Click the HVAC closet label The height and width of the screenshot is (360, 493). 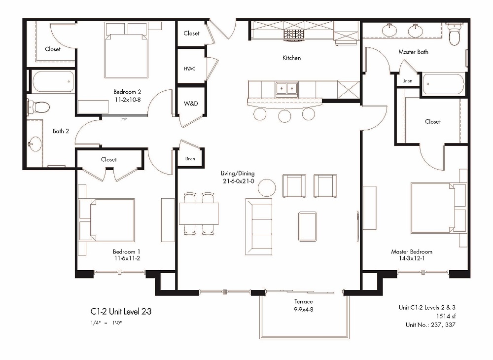tap(190, 69)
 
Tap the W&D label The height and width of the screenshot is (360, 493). tap(190, 104)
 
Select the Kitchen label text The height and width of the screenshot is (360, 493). tap(291, 58)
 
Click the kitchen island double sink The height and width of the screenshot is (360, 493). tap(286, 89)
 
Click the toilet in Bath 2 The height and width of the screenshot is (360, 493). tap(39, 106)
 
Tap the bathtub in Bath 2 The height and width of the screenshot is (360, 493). tap(53, 82)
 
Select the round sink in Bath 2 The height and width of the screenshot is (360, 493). tap(35, 144)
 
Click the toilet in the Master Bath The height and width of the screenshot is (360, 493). tap(454, 36)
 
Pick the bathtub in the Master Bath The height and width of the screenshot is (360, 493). tap(443, 84)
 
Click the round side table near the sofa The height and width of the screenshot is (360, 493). tap(267, 187)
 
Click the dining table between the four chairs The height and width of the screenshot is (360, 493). tap(199, 214)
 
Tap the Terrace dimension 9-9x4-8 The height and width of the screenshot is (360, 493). tap(301, 309)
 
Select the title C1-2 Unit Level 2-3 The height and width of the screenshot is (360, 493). tap(125, 312)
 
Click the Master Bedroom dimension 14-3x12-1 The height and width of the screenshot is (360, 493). tap(412, 259)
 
